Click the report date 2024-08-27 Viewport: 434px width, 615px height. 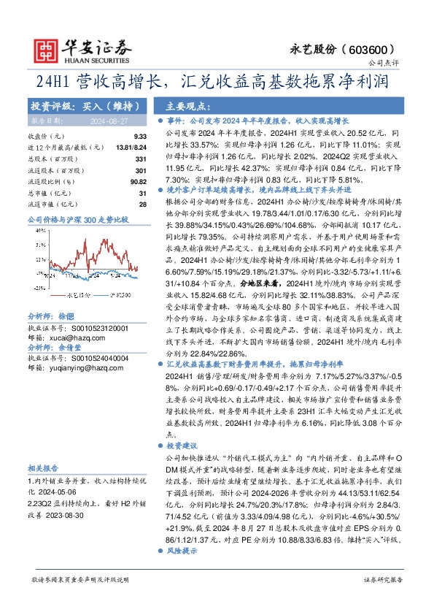coord(106,119)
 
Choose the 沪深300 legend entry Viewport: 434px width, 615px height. coord(112,297)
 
